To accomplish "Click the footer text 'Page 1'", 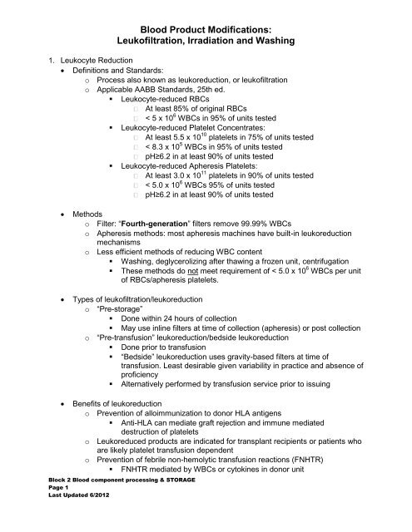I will click(x=54, y=516).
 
